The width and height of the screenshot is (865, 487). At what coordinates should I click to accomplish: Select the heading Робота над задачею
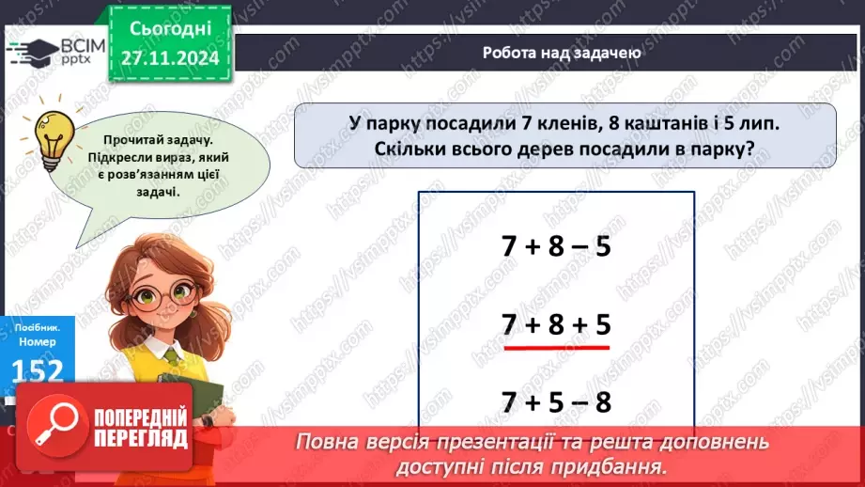click(562, 53)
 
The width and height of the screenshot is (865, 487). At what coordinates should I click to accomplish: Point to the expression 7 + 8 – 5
click(556, 246)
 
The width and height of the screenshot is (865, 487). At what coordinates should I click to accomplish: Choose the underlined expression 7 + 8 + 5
click(556, 324)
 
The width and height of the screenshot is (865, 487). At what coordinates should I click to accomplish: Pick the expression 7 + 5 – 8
click(556, 402)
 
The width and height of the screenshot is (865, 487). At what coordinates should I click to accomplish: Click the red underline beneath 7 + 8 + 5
click(556, 346)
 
